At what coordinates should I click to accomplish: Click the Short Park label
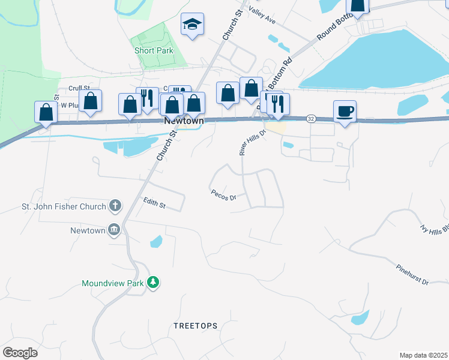[x=154, y=51]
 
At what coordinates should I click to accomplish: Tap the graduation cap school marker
[x=193, y=25]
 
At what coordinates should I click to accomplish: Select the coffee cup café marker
[x=345, y=112]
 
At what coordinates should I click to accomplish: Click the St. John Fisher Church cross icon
[x=115, y=206]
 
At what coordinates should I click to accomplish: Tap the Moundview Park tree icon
[x=153, y=282]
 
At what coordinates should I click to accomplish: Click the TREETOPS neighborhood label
[x=195, y=326]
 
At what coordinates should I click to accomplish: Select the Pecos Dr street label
[x=224, y=196]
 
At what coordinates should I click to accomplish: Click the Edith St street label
[x=154, y=204]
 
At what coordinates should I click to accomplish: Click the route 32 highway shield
[x=310, y=119]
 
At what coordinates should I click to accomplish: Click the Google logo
[x=20, y=353]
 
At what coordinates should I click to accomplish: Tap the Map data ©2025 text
[x=423, y=355]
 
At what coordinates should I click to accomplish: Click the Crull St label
[x=79, y=88]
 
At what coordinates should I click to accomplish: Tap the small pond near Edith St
[x=156, y=242]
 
